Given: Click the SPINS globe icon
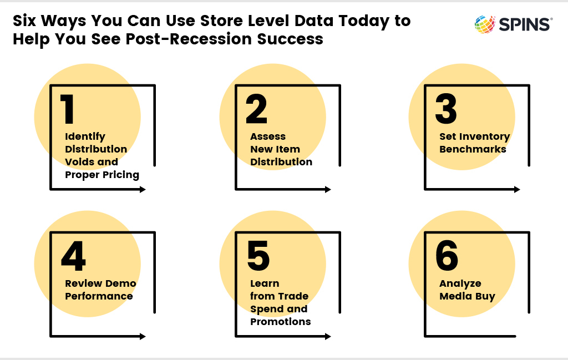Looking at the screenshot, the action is [485, 24].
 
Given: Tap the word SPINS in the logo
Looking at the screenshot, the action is [524, 24].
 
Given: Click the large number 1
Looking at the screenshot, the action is [67, 109].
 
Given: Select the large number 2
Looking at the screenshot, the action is [256, 109].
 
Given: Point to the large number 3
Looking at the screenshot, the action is [446, 109].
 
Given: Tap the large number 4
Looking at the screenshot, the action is [74, 256].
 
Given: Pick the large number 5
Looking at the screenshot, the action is [258, 256].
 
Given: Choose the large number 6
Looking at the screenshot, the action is [447, 255].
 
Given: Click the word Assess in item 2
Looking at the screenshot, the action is [268, 136].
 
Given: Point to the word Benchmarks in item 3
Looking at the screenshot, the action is [473, 149].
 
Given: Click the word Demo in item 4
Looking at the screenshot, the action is [120, 283].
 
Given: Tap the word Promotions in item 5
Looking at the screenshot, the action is [280, 321].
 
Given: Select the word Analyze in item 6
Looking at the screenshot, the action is [460, 283].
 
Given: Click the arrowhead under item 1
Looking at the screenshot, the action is [143, 189].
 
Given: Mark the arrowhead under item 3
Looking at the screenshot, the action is [517, 189].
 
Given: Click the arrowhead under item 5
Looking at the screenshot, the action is [328, 336].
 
